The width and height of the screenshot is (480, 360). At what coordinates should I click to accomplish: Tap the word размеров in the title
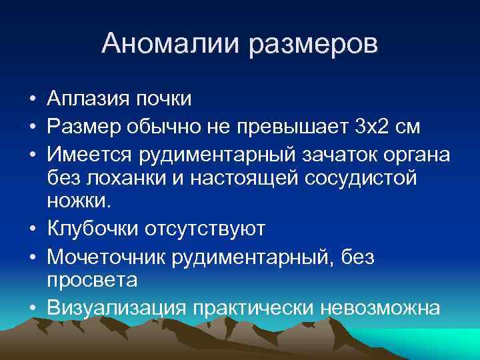(313, 45)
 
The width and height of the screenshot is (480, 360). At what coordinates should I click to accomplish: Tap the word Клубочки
(93, 229)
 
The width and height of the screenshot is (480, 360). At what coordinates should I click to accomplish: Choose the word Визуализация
(117, 307)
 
